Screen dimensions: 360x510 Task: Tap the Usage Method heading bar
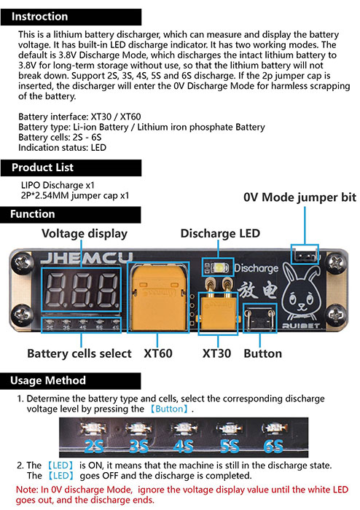71,380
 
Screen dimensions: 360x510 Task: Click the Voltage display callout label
85,234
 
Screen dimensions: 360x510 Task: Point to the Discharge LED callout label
220,233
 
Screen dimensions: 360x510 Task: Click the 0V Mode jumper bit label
300,197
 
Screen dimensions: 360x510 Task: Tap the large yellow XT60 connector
158,297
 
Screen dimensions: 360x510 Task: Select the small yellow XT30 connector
218,311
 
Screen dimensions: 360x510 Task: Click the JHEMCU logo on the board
87,258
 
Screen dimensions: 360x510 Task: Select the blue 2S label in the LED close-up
94,446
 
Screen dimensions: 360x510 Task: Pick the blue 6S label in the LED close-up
273,446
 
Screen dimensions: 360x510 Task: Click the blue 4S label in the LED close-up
184,446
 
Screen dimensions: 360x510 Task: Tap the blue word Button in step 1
169,409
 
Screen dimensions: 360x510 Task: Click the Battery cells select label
79,353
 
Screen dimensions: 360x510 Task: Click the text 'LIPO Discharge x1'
58,185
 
